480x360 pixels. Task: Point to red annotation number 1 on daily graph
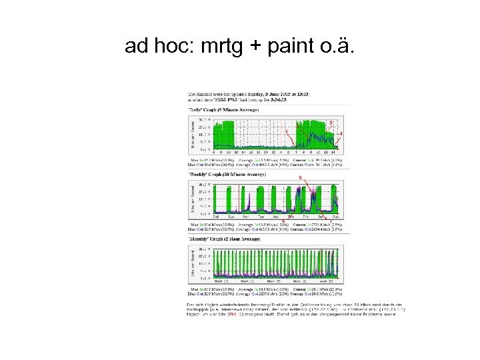coord(287,132)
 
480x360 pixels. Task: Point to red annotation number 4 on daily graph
coord(341,134)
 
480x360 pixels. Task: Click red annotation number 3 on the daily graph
coord(331,122)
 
